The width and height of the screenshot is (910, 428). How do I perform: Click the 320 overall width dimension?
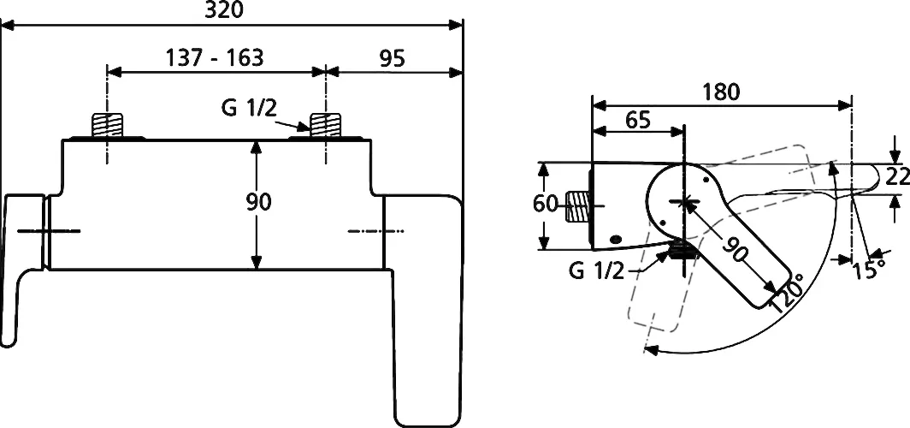tap(224, 9)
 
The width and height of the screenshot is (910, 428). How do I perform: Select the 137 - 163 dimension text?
tap(215, 57)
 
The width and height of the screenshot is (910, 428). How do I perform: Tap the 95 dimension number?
tap(392, 58)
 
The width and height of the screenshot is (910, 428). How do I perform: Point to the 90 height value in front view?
tap(259, 202)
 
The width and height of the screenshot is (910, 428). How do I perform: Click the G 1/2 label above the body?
tap(249, 108)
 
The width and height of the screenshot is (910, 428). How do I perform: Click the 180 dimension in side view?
tap(721, 92)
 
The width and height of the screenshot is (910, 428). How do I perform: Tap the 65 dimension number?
tap(638, 120)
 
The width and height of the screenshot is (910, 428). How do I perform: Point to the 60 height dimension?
tap(545, 205)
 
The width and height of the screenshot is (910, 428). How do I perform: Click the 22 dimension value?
tap(897, 175)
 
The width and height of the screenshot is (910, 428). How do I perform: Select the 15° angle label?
tap(869, 270)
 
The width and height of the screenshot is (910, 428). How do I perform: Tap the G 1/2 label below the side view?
tap(597, 270)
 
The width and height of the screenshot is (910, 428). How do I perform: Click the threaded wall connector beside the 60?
tap(576, 205)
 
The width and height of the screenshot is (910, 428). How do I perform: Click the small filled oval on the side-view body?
tap(617, 238)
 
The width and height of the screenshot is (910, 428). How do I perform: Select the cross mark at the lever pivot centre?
tap(685, 201)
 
